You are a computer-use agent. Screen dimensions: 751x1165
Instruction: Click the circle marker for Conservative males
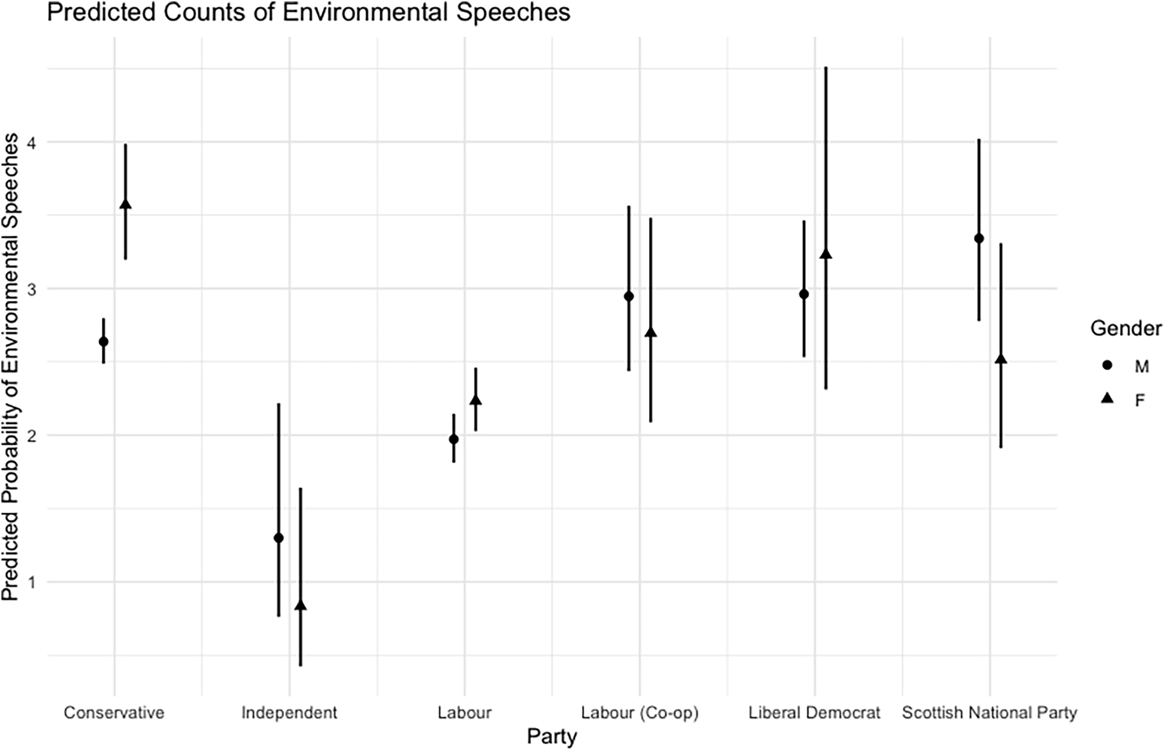coord(103,341)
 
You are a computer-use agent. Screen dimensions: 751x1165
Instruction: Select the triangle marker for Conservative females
coord(125,205)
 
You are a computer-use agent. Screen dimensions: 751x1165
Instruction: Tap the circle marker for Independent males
coord(278,538)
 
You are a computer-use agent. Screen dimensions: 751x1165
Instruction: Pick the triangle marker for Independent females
coord(300,606)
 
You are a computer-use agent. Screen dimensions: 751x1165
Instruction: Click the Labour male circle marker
coord(454,439)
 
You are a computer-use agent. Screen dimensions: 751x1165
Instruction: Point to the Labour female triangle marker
coord(475,401)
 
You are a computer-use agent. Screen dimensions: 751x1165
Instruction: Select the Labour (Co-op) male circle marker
coord(629,296)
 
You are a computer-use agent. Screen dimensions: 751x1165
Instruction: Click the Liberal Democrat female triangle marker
coord(826,254)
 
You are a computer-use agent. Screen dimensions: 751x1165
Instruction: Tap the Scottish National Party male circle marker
coord(979,238)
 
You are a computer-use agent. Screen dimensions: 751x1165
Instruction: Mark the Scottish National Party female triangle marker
coord(1000,360)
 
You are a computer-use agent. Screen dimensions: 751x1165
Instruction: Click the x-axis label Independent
coord(289,713)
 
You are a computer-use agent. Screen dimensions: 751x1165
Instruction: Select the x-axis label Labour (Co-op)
coord(639,713)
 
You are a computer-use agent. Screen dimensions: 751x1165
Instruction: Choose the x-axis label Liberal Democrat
coord(814,713)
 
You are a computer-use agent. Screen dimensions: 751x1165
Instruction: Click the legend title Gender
coord(1125,329)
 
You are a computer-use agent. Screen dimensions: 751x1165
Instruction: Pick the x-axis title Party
coord(552,736)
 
